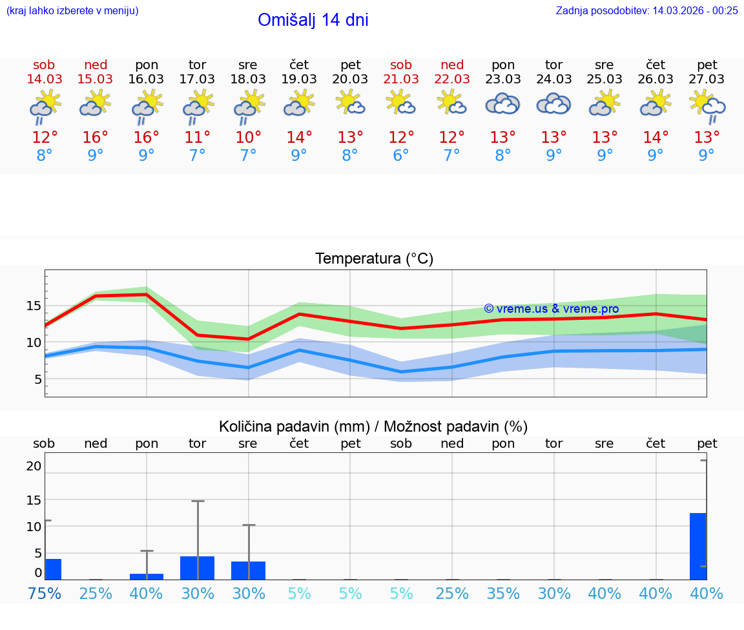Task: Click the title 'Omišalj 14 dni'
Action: pyautogui.click(x=313, y=20)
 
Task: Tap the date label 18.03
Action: pyautogui.click(x=248, y=79)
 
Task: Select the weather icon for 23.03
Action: pyautogui.click(x=502, y=104)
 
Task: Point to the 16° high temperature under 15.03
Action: pyautogui.click(x=96, y=138)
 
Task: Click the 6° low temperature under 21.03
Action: pyautogui.click(x=401, y=155)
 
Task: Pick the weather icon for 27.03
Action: pyautogui.click(x=707, y=105)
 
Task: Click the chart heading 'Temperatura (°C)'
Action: pyautogui.click(x=374, y=259)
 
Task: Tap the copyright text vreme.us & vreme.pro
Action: pyautogui.click(x=552, y=309)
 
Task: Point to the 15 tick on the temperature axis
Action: pyautogui.click(x=34, y=306)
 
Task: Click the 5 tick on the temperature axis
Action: pyautogui.click(x=38, y=379)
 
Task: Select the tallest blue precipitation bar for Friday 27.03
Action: pyautogui.click(x=697, y=546)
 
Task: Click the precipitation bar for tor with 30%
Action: pyautogui.click(x=197, y=568)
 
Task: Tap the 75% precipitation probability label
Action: pyautogui.click(x=45, y=593)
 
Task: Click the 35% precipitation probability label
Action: pyautogui.click(x=503, y=593)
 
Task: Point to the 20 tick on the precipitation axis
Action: pyautogui.click(x=34, y=466)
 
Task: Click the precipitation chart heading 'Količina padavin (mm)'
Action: pyautogui.click(x=294, y=426)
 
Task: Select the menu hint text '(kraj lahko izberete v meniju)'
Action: pyautogui.click(x=72, y=10)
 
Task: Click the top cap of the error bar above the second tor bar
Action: pyautogui.click(x=198, y=501)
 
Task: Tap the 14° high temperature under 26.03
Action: pyautogui.click(x=656, y=138)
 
